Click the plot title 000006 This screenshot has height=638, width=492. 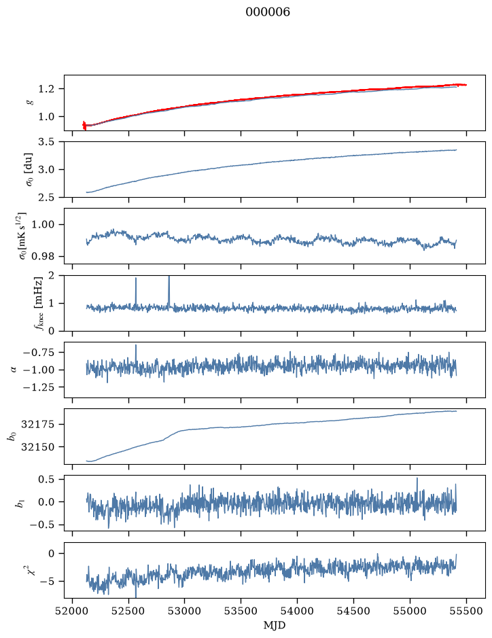pos(268,12)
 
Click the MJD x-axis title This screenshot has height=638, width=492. pos(275,625)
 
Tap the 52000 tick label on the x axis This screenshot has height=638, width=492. pos(73,611)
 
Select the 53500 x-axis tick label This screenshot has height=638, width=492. pos(241,611)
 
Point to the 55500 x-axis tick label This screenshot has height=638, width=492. pos(466,611)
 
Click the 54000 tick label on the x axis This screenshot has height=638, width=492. pos(298,611)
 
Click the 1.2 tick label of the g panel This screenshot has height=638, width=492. pos(46,89)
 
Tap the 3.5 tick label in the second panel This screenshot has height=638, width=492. pos(46,142)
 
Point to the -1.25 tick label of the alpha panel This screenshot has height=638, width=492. pos(39,387)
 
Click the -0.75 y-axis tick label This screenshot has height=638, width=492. pos(39,353)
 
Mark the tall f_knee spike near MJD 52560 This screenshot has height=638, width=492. pos(136,291)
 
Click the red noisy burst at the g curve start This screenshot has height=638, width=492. pos(84,125)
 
